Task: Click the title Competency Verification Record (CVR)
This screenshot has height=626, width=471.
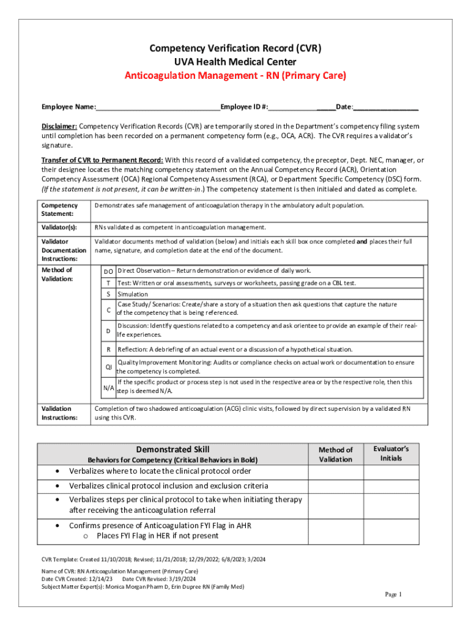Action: coord(236,48)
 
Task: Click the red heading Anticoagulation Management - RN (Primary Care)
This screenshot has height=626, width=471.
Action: coord(236,76)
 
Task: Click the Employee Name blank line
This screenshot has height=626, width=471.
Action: coord(158,108)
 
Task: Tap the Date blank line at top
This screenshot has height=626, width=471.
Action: coord(386,108)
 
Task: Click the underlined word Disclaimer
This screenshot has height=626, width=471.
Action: coord(59,126)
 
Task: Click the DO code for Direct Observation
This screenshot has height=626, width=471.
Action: coord(108,271)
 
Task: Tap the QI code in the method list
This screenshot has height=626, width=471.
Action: coord(108,367)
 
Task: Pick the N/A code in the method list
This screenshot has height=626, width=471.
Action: coord(108,387)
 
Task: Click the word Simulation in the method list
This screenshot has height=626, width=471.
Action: coord(133,294)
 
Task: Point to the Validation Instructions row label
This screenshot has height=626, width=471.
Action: coord(59,413)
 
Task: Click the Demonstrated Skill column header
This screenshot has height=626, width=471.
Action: coord(172,449)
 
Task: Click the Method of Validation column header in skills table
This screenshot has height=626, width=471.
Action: coord(336,454)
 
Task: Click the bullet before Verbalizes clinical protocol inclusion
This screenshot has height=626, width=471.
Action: coord(57,486)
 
